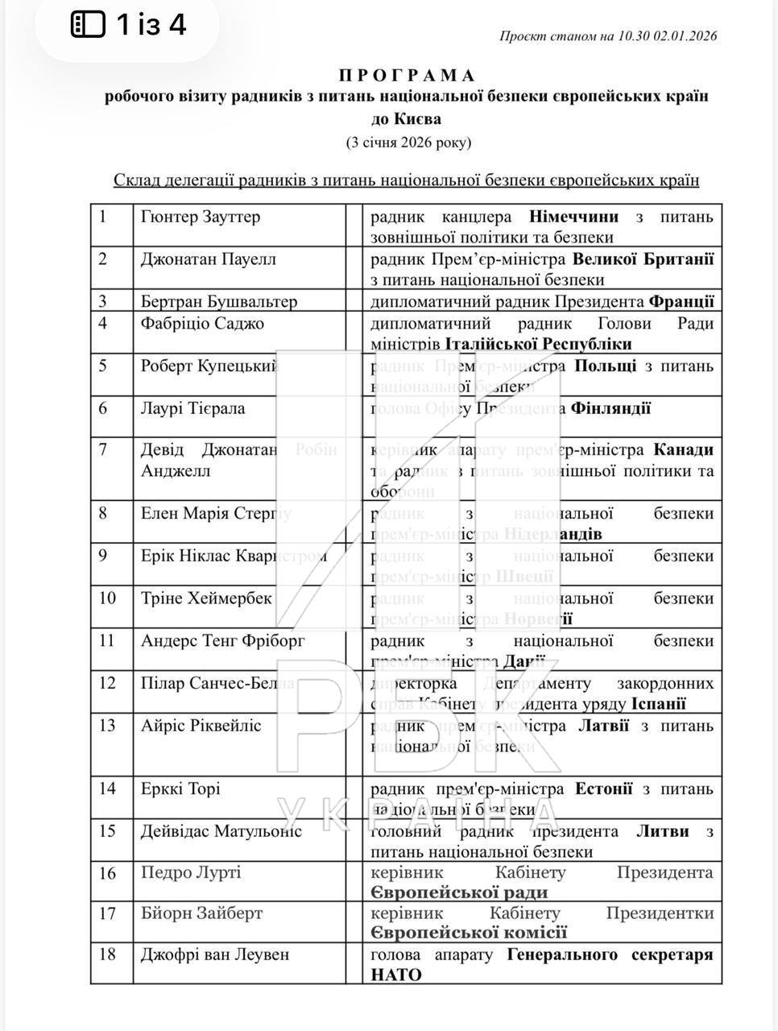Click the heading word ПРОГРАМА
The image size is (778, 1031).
(x=408, y=76)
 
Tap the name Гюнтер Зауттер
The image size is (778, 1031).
(x=201, y=217)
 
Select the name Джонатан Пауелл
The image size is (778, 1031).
(x=209, y=259)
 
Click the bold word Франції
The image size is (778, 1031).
(x=681, y=302)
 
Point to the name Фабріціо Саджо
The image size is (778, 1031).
(x=202, y=324)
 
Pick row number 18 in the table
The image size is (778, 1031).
(x=108, y=954)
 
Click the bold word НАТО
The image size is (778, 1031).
(x=395, y=975)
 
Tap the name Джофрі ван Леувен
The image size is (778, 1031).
(x=215, y=954)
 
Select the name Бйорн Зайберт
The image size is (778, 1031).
(x=202, y=913)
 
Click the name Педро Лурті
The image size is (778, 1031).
(x=191, y=872)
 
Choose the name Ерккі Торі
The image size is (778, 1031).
(x=180, y=789)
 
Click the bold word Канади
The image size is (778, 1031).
(x=683, y=449)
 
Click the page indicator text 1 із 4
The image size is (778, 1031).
(x=151, y=25)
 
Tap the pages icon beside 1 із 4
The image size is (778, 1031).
(x=89, y=25)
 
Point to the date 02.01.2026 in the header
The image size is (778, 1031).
(x=685, y=35)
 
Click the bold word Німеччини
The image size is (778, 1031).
(x=573, y=217)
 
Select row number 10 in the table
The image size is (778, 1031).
(x=108, y=598)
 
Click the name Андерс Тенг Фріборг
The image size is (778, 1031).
(x=212, y=641)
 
